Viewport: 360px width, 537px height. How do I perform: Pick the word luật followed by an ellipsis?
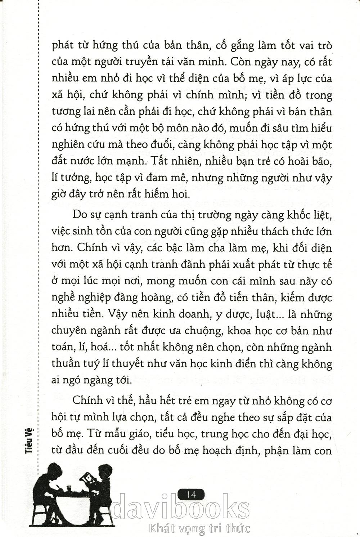click(263, 314)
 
